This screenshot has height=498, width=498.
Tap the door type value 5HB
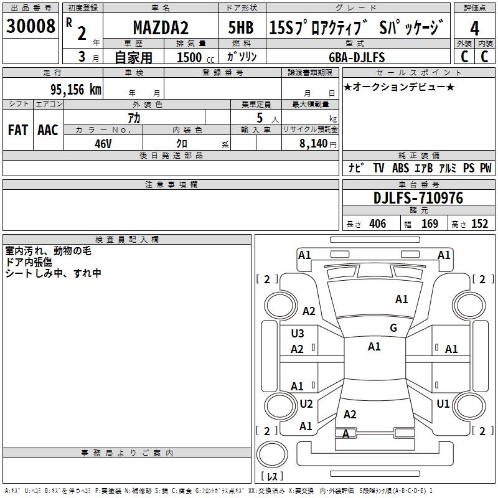point(241,29)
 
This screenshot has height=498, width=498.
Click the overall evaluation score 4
point(475,29)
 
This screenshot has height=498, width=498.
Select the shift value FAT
point(17,130)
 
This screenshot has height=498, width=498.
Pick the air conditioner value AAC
point(48,130)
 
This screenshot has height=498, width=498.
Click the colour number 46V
point(103,143)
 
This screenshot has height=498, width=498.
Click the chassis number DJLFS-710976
point(418,198)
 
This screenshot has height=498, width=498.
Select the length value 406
point(377,224)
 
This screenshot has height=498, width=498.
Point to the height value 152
point(479,224)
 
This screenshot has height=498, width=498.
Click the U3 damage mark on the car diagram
point(298,334)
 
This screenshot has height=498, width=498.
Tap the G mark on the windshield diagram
point(393,328)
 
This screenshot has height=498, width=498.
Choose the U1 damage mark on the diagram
point(443,404)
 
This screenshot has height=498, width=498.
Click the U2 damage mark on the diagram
point(306,404)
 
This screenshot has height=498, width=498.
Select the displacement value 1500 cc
point(189,58)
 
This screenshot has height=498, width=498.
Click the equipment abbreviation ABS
point(400,168)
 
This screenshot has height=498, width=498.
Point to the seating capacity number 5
point(258,118)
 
